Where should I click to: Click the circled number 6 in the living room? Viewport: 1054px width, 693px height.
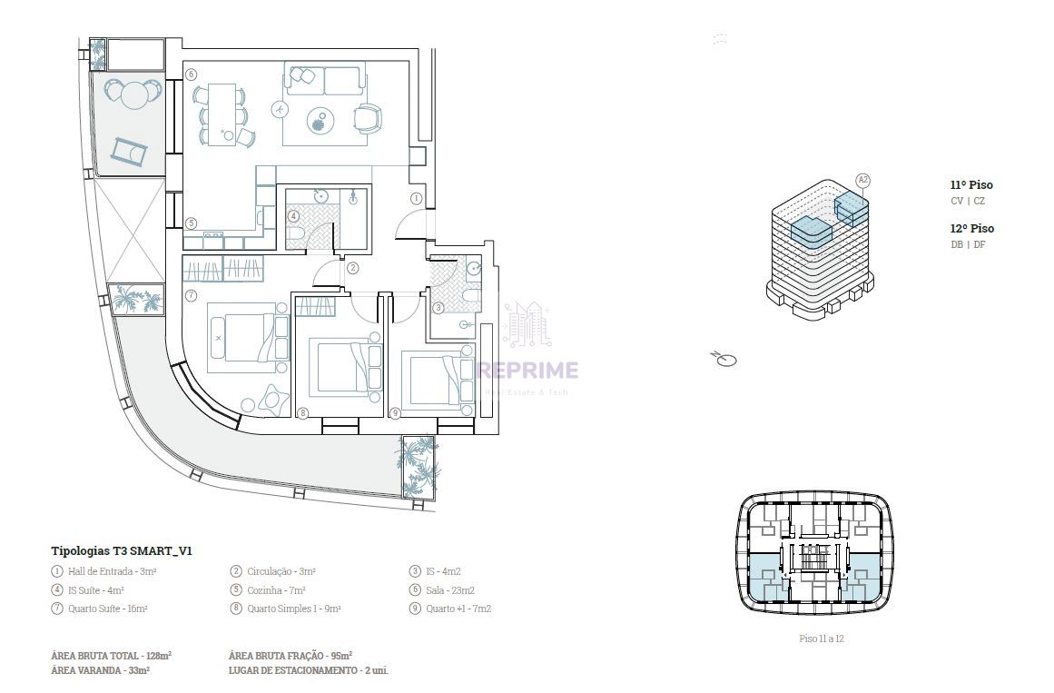[x=191, y=74]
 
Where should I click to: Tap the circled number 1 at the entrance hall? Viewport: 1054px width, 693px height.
[x=416, y=199]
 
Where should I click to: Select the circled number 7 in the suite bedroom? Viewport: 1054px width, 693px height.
[x=191, y=294]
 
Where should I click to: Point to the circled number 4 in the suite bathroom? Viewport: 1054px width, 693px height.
[x=294, y=217]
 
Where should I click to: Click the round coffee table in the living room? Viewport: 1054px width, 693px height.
[x=320, y=121]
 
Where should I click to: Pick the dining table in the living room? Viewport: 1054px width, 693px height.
[x=222, y=114]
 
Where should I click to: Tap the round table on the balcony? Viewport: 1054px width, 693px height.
[x=134, y=94]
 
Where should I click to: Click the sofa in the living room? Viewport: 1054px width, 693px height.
[x=325, y=79]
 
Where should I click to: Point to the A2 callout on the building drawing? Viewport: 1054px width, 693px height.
[x=863, y=181]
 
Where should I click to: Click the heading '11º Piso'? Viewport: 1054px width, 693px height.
[x=971, y=185]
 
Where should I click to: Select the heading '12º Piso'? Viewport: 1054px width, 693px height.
[x=972, y=229]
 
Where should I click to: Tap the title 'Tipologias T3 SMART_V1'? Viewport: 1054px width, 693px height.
[x=122, y=551]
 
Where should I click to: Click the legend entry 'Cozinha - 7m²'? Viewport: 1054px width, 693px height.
[x=276, y=590]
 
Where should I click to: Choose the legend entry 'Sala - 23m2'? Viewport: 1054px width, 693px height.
[x=450, y=590]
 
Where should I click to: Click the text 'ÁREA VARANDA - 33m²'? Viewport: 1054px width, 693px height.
[x=100, y=670]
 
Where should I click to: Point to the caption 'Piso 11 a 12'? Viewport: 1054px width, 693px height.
[x=822, y=639]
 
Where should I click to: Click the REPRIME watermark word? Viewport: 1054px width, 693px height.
[x=527, y=370]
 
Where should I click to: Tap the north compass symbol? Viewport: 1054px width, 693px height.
[x=724, y=360]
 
